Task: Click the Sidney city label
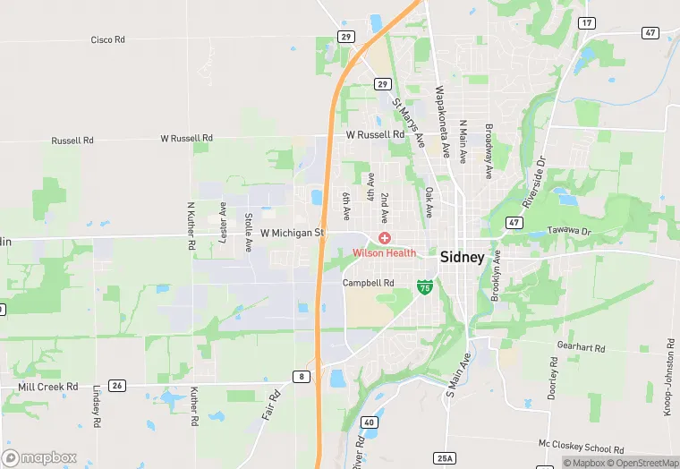[x=462, y=257]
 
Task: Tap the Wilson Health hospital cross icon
[x=385, y=237]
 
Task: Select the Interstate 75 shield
[x=426, y=287]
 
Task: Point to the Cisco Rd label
[x=109, y=40]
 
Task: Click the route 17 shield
[x=587, y=22]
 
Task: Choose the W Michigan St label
[x=291, y=233]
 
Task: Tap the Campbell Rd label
[x=369, y=283]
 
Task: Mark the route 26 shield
[x=116, y=386]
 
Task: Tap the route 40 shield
[x=369, y=422]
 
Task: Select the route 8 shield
[x=302, y=377]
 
